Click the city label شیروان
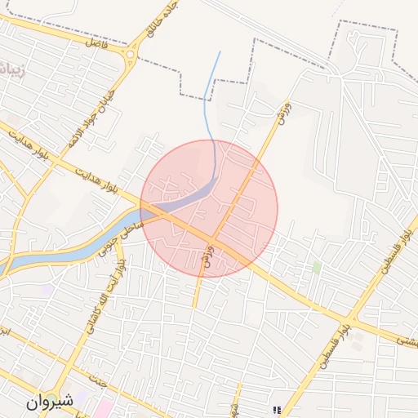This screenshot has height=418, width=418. [50, 402]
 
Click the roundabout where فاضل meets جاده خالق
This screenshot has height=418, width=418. [130, 56]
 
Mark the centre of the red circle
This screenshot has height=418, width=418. [209, 209]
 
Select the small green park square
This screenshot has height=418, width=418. [316, 267]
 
